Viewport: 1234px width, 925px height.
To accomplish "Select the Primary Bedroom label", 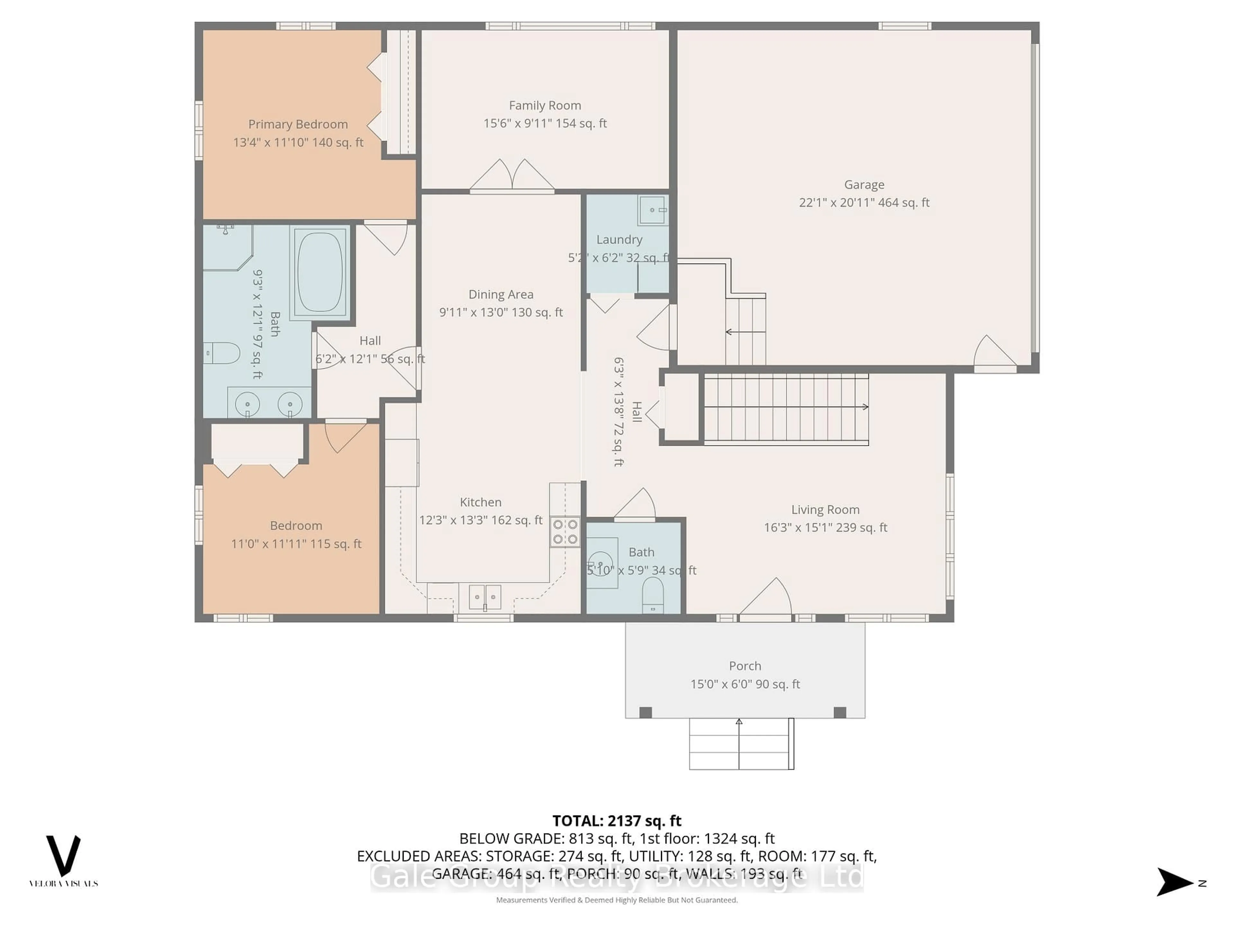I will click(x=298, y=124).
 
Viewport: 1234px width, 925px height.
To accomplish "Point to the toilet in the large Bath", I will click(x=222, y=353).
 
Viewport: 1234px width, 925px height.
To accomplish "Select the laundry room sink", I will click(x=652, y=210).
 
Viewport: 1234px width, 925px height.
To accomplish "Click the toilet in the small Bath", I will click(x=653, y=595).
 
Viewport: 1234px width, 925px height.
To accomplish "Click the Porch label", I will click(x=745, y=666).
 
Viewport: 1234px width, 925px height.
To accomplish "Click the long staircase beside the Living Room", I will click(x=785, y=409).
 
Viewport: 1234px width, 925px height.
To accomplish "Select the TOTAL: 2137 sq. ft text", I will click(x=616, y=821).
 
